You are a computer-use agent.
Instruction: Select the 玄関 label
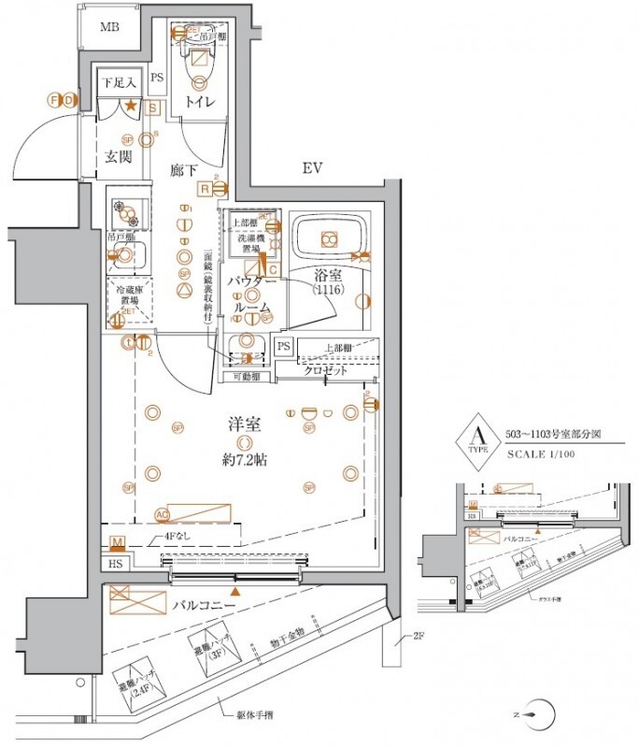click(x=118, y=156)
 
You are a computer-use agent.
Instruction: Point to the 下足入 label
click(x=119, y=83)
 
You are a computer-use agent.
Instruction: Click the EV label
click(x=312, y=168)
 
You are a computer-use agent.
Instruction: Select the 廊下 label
click(x=184, y=171)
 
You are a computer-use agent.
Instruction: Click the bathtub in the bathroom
click(x=328, y=240)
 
